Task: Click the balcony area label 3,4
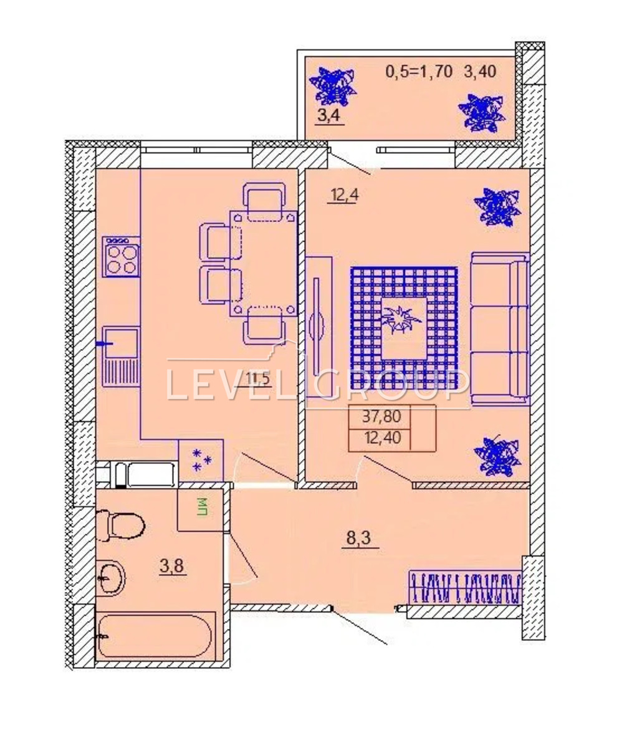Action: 329,117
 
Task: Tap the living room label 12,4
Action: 344,195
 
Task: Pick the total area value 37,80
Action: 381,416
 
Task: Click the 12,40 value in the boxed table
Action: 383,438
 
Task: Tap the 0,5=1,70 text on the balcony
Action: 419,72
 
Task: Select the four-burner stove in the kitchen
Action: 121,257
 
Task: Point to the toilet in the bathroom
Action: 120,525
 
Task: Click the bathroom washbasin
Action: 110,578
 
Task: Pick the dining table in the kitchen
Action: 264,263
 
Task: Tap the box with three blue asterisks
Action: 201,461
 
